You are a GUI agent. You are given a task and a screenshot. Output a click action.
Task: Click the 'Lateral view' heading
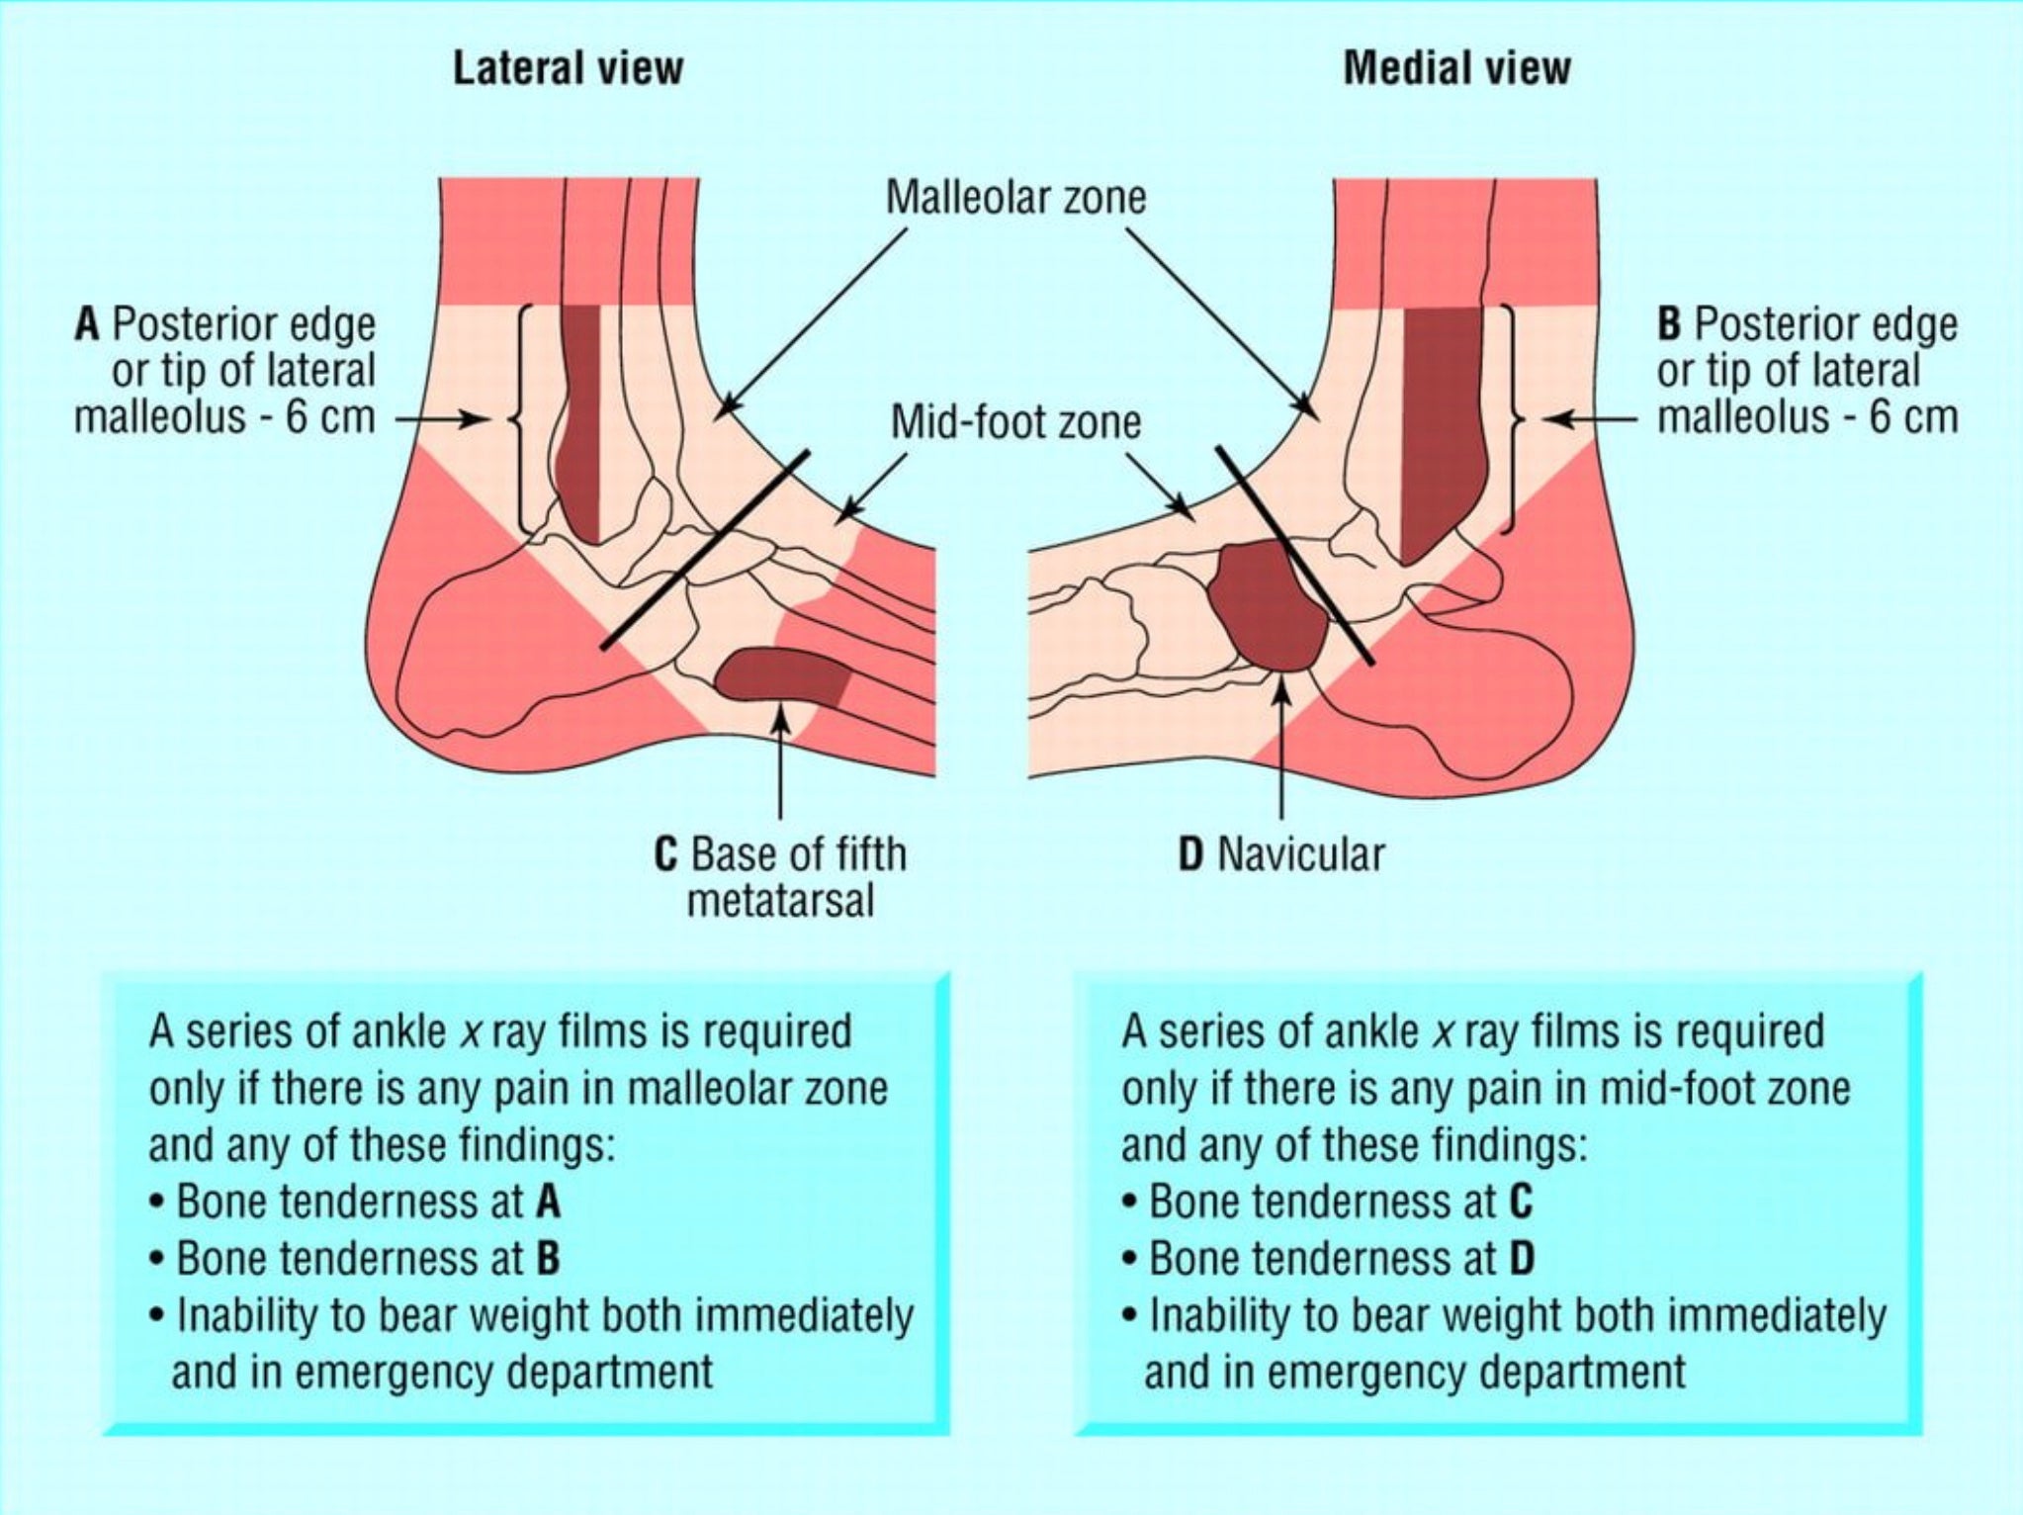(x=568, y=68)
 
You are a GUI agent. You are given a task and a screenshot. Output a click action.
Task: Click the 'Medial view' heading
(x=1455, y=68)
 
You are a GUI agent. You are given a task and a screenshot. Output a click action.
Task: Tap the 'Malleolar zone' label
(x=1015, y=197)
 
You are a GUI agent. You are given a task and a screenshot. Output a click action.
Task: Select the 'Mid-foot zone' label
(x=1015, y=422)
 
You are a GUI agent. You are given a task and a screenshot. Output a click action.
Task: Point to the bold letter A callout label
(x=87, y=325)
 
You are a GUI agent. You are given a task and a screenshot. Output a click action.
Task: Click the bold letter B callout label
(x=1669, y=325)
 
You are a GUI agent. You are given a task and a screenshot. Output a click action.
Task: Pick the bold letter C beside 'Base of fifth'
(x=666, y=854)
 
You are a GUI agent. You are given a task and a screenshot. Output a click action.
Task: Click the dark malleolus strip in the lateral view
(x=581, y=425)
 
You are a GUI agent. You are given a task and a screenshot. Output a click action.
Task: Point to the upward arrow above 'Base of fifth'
(x=781, y=761)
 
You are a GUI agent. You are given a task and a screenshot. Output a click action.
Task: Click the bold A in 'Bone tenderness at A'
(x=548, y=1203)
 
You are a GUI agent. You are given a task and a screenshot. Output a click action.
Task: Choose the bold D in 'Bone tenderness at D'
(x=1521, y=1259)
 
